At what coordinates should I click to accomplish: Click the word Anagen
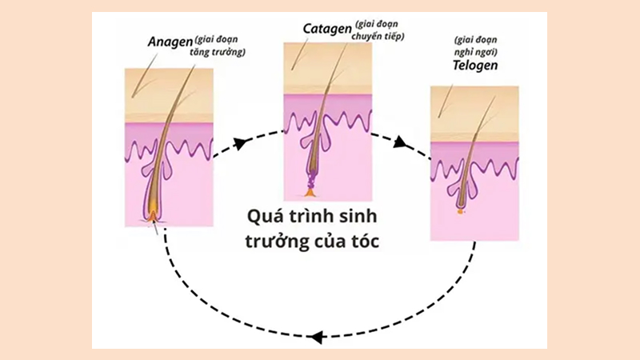(x=168, y=41)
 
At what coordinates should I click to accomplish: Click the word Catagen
(x=326, y=28)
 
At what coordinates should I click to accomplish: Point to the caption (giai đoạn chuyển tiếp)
(x=379, y=31)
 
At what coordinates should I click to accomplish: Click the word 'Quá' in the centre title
(x=259, y=216)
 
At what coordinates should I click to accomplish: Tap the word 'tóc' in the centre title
(x=362, y=239)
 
